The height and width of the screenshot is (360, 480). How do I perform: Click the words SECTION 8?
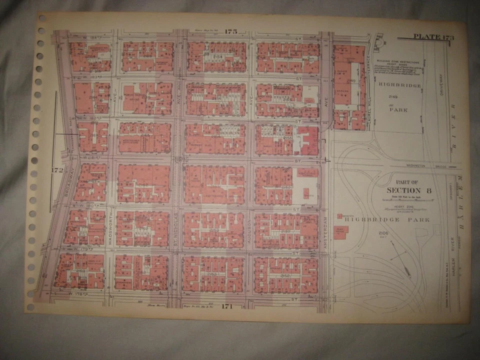coord(408,190)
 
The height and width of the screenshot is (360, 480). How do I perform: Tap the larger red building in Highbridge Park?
coord(340,232)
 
